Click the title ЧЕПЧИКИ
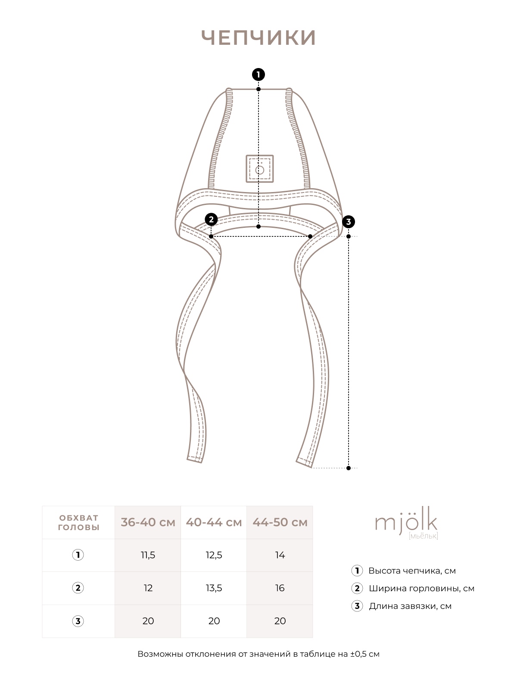click(x=258, y=38)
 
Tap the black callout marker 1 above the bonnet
click(x=258, y=74)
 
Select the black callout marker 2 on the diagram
click(x=211, y=220)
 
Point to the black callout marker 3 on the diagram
click(x=349, y=222)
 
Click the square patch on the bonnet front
click(x=260, y=168)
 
